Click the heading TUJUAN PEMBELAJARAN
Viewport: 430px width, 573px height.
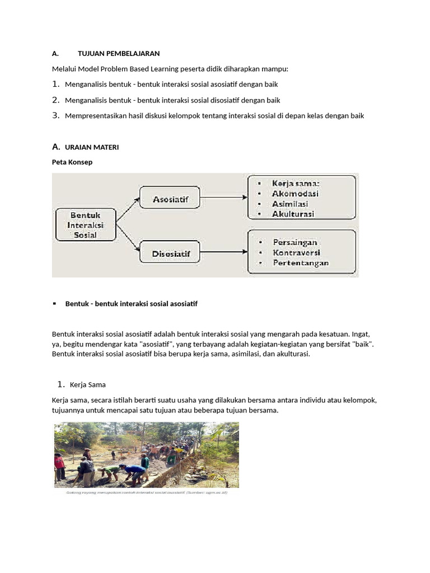(119, 54)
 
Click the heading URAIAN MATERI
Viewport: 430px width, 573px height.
(92, 147)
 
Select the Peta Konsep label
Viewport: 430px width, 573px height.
(72, 162)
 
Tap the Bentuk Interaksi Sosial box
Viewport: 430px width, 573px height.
(85, 225)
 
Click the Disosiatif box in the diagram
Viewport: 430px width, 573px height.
(171, 253)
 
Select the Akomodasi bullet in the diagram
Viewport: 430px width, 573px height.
(295, 194)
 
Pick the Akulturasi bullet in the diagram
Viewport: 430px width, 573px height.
(293, 214)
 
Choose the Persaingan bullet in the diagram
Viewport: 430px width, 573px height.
(295, 242)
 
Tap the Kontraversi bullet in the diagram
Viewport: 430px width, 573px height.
(296, 252)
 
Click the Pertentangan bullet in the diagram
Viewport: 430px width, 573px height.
(301, 263)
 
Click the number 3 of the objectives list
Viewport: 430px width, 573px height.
(55, 115)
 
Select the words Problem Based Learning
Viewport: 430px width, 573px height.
(128, 69)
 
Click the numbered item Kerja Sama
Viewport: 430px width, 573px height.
(88, 385)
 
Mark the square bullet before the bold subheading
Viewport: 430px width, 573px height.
(55, 303)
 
